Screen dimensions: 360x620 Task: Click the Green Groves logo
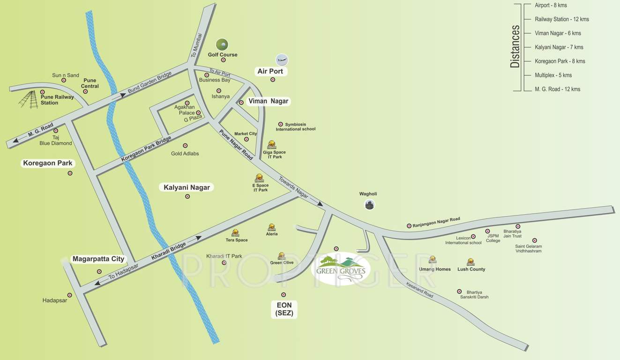341,269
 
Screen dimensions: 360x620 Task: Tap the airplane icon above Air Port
282,60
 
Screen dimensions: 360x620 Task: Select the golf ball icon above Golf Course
222,45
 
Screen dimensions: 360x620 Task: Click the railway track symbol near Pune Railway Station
29,99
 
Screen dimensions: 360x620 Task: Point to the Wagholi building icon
370,204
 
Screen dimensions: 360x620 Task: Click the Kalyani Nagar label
187,187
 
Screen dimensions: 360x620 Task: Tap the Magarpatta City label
98,259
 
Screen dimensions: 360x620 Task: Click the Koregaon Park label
47,163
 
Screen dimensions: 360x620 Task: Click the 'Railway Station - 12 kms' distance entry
561,19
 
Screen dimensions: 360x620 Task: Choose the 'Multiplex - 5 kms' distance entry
553,75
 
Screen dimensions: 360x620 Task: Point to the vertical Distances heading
515,46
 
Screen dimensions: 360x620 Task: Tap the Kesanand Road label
420,289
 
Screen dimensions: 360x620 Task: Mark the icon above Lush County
471,262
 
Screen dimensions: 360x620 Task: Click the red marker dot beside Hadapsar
70,295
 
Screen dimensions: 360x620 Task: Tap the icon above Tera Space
235,232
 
